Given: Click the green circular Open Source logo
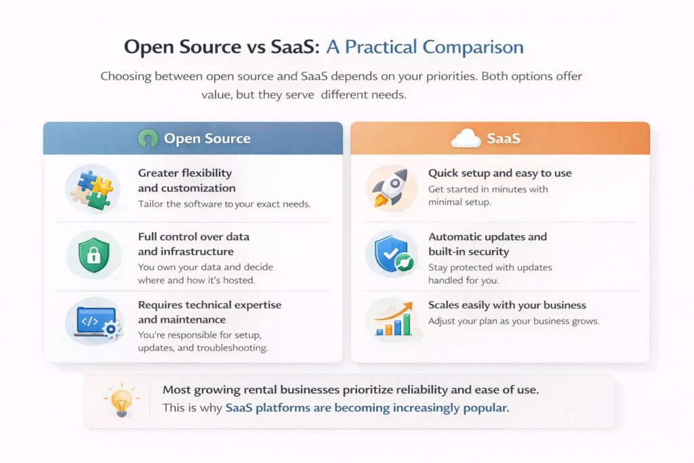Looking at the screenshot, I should [x=148, y=139].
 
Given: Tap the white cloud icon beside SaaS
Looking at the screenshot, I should [x=466, y=139].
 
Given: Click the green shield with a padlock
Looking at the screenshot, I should [x=94, y=255].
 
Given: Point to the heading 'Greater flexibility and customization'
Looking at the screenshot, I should [x=186, y=180].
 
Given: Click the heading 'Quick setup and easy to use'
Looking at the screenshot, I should [x=499, y=173].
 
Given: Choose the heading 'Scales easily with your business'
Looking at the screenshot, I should [x=507, y=305].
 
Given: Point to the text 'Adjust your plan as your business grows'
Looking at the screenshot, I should [x=513, y=321].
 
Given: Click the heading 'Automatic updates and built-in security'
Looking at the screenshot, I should [x=487, y=244].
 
